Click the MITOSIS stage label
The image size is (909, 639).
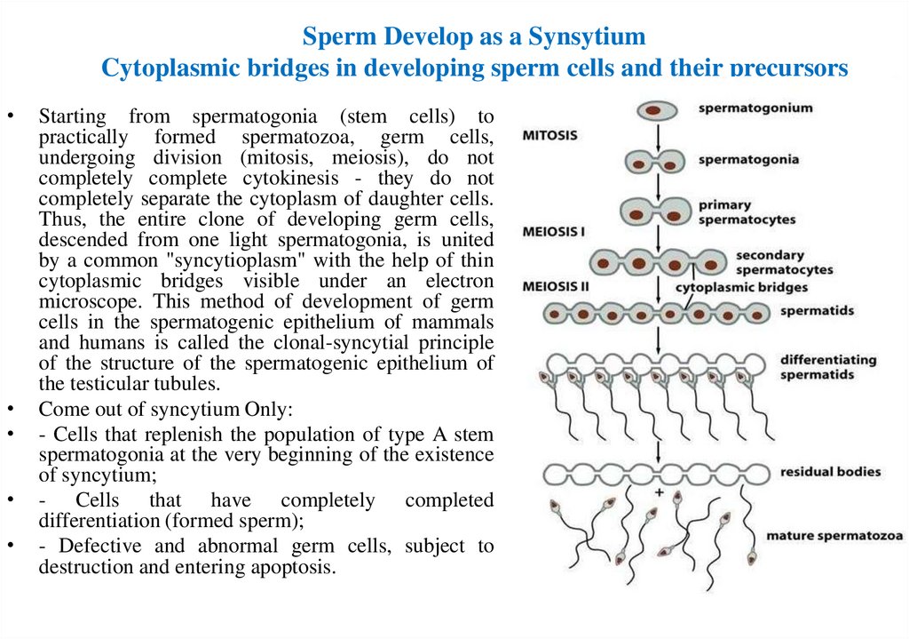point(550,136)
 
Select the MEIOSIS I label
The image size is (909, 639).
point(554,230)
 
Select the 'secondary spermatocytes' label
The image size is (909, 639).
point(784,261)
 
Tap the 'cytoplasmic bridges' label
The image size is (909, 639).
point(741,287)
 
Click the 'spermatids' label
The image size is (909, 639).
point(816,311)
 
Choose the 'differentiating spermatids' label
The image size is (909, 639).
point(828,367)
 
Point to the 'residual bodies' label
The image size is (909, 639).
point(831,471)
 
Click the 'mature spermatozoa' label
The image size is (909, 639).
point(834,536)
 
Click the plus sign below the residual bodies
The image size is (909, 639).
point(659,492)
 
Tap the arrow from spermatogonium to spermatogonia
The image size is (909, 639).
point(656,135)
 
